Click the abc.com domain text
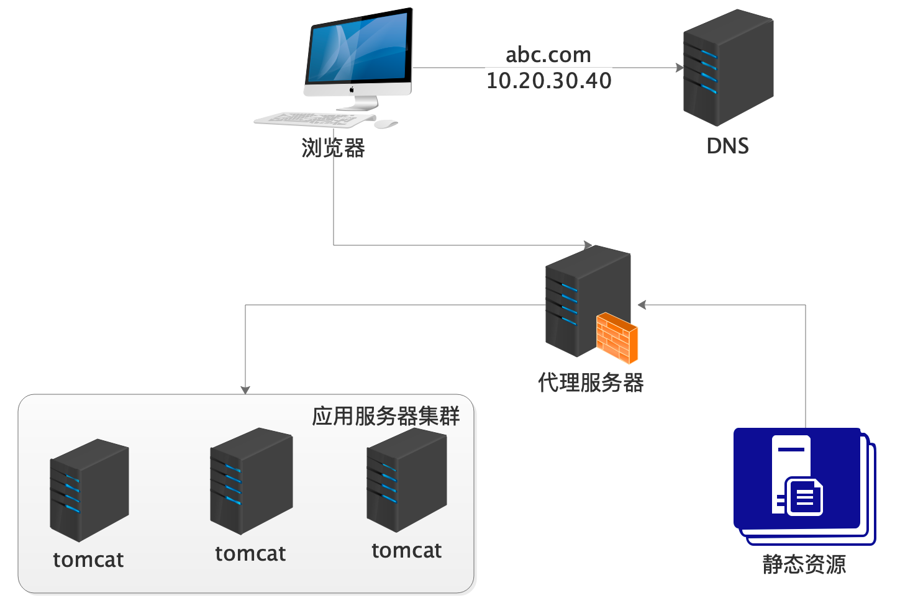pos(548,55)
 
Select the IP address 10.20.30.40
pos(548,81)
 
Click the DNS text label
pos(727,146)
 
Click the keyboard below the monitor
pos(314,119)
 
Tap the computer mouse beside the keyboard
pos(386,124)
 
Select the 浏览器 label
pos(333,148)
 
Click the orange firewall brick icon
pos(617,338)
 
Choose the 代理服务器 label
pos(591,382)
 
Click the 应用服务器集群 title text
pos(386,416)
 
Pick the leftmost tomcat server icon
pos(89,490)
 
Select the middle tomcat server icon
pos(251,481)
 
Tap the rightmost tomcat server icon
pos(406,479)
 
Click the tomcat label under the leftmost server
pos(88,560)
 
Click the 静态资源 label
pos(804,564)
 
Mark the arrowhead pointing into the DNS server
pos(679,68)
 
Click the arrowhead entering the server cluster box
pos(245,389)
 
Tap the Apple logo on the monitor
pos(352,89)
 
